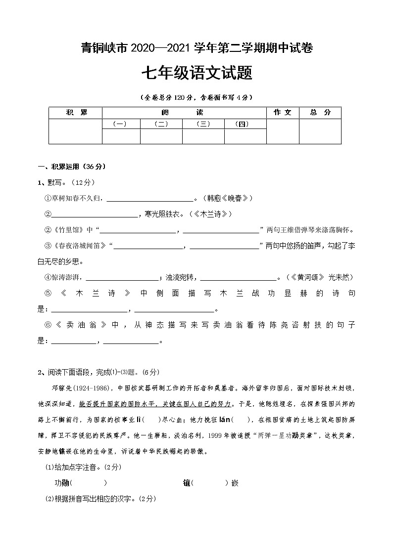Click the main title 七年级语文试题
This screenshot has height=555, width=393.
(196, 74)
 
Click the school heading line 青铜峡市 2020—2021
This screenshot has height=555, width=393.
(196, 48)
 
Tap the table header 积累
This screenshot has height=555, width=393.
(76, 113)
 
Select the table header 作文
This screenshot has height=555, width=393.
(283, 113)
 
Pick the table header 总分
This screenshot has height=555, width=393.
(320, 113)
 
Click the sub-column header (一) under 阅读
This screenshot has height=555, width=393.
(120, 124)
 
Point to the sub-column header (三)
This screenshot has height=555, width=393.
(203, 124)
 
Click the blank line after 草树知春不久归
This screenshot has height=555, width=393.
(150, 199)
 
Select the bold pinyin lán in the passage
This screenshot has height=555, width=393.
(225, 420)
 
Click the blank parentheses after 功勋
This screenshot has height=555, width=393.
(89, 483)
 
